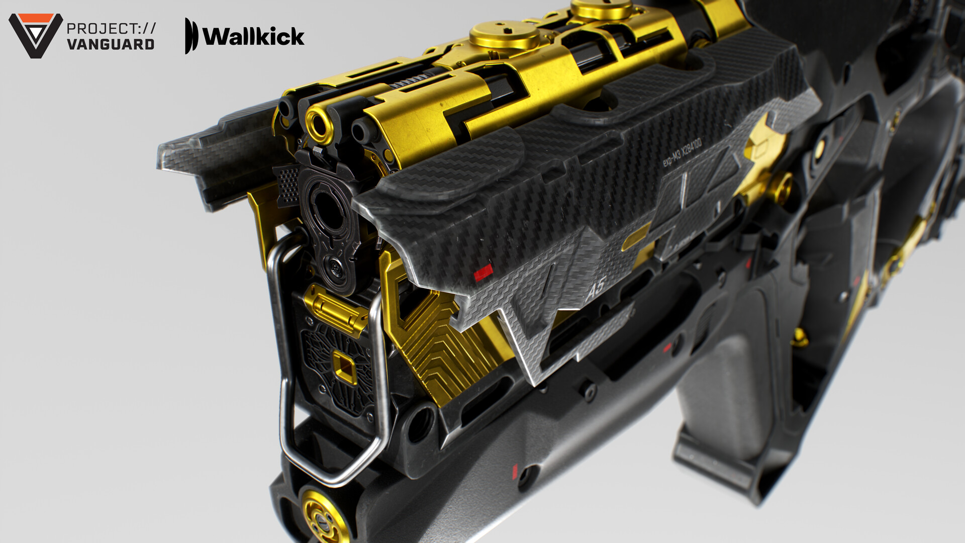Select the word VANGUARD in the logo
point(111,44)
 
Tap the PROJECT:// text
point(111,28)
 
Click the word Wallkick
point(253,36)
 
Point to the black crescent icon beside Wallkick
point(190,36)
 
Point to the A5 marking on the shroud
point(596,288)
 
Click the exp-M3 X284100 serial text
point(682,153)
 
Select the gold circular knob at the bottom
point(322,513)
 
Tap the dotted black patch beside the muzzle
point(288,184)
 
